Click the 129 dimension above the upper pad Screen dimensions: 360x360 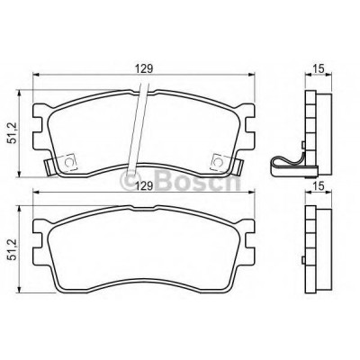pos(143,68)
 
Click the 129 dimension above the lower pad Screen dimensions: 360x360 pos(143,185)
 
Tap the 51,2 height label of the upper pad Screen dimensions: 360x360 pos(13,134)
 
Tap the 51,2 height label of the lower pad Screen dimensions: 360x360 pos(13,249)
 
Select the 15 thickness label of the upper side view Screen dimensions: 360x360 pos(319,68)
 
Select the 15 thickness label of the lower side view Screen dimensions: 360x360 pos(319,186)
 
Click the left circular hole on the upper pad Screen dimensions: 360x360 pos(69,162)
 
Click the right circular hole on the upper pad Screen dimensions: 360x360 pos(218,162)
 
